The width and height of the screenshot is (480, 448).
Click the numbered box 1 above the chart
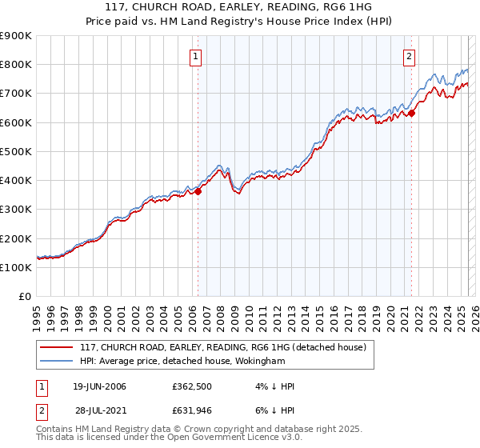pos(196,56)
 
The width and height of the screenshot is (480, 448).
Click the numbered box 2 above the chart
pos(409,56)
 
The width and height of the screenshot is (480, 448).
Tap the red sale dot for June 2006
pos(198,191)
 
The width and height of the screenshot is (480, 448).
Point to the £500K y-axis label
pos(16,151)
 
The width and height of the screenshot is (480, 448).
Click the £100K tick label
pos(16,267)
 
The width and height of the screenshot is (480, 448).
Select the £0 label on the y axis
pos(24,296)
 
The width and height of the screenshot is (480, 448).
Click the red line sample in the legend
pos(57,347)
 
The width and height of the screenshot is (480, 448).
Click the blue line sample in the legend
pos(57,361)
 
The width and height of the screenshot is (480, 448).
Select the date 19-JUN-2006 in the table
pos(99,386)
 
